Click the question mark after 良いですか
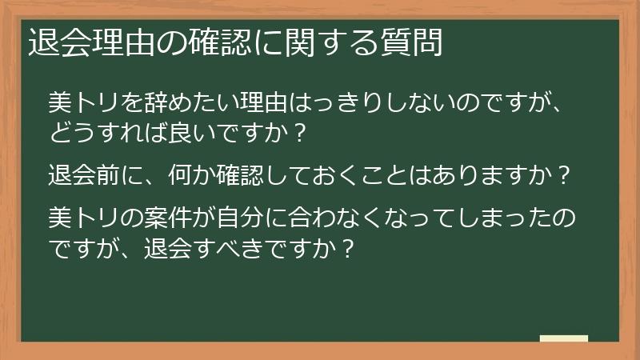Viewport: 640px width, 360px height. pos(299,133)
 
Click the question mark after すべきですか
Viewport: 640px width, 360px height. pos(346,246)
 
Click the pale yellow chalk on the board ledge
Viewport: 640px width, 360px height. pos(563,338)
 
